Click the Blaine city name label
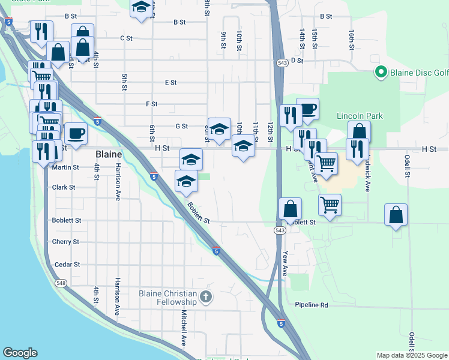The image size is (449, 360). click(x=109, y=154)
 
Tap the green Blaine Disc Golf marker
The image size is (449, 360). click(x=380, y=73)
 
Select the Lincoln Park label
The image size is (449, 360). click(x=360, y=116)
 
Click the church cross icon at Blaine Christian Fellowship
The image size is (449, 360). click(x=205, y=296)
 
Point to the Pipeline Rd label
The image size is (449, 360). click(x=312, y=305)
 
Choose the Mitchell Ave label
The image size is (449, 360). click(x=184, y=331)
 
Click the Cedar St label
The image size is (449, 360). click(x=67, y=265)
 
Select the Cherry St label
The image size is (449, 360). click(x=66, y=242)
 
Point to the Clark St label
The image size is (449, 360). click(x=64, y=187)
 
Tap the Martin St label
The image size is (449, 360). click(x=65, y=168)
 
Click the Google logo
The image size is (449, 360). click(x=20, y=353)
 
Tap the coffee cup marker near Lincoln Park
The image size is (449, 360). click(x=307, y=109)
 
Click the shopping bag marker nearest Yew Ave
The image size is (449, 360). click(x=291, y=209)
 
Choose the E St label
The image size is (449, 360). click(x=170, y=83)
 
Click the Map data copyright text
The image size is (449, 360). click(x=411, y=355)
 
